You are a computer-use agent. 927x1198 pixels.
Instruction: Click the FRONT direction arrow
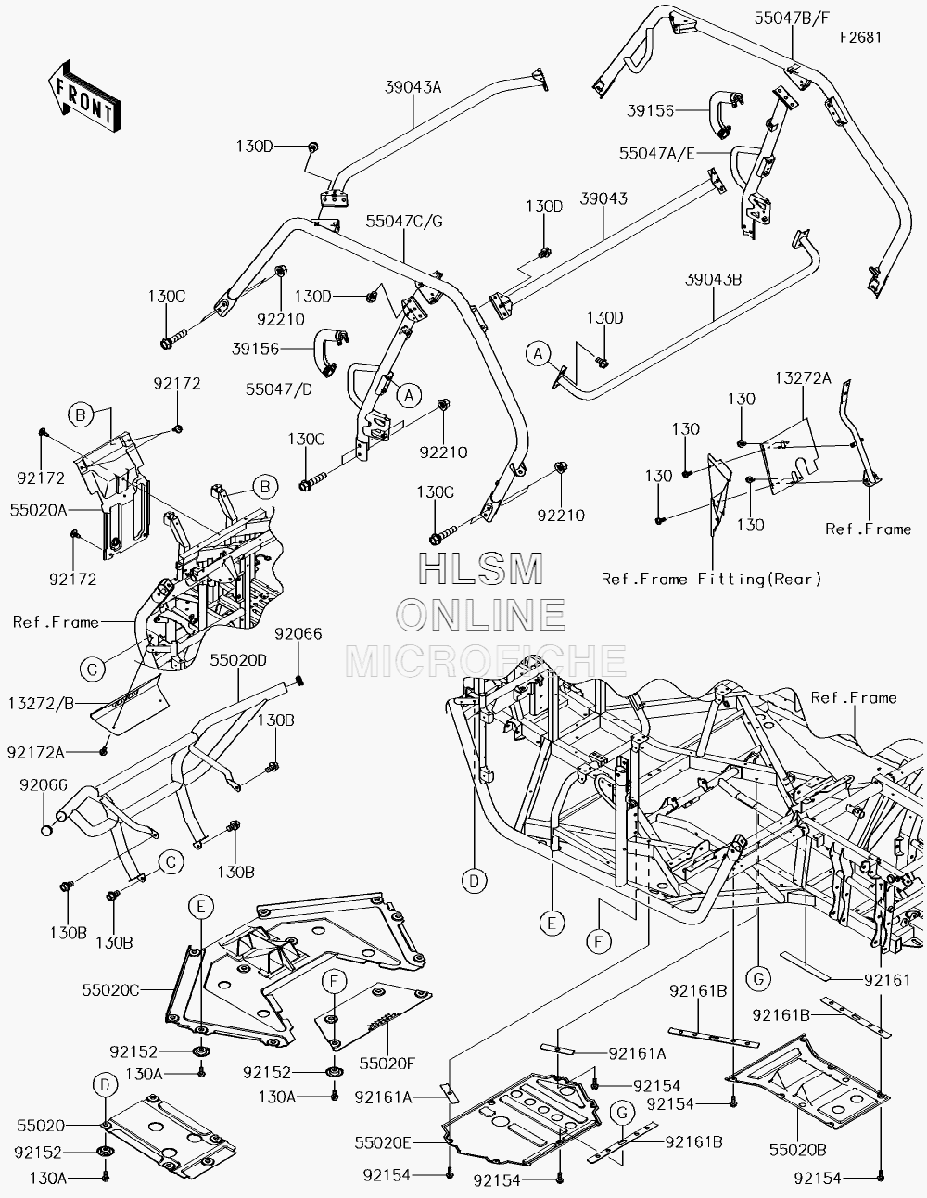pyautogui.click(x=84, y=96)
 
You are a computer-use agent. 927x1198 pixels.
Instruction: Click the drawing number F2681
pyautogui.click(x=861, y=37)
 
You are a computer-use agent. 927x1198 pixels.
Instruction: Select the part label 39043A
pyautogui.click(x=413, y=87)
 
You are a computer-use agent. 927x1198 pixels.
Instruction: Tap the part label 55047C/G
pyautogui.click(x=404, y=221)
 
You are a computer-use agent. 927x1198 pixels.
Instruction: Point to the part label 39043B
pyautogui.click(x=713, y=279)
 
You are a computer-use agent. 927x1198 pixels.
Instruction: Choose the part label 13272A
pyautogui.click(x=803, y=378)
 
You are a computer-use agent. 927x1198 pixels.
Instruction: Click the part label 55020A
pyautogui.click(x=39, y=511)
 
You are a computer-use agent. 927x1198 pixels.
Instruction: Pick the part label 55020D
pyautogui.click(x=238, y=660)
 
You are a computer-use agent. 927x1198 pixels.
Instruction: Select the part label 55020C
pyautogui.click(x=111, y=990)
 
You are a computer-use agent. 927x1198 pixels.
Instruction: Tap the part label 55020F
pyautogui.click(x=387, y=1064)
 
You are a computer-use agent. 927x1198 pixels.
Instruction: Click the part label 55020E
pyautogui.click(x=383, y=1143)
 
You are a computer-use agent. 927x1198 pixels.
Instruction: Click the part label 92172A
pyautogui.click(x=36, y=752)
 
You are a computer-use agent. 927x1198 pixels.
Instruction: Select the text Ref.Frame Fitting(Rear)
pyautogui.click(x=712, y=579)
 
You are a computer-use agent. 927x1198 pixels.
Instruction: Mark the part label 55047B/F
pyautogui.click(x=792, y=19)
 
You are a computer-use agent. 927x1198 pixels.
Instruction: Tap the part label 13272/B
pyautogui.click(x=42, y=704)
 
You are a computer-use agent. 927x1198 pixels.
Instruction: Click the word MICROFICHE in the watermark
pyautogui.click(x=486, y=660)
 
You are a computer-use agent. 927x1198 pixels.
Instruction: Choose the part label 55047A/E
pyautogui.click(x=657, y=153)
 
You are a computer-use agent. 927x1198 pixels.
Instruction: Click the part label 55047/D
pyautogui.click(x=279, y=389)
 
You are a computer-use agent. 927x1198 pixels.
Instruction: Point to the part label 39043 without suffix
pyautogui.click(x=603, y=198)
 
